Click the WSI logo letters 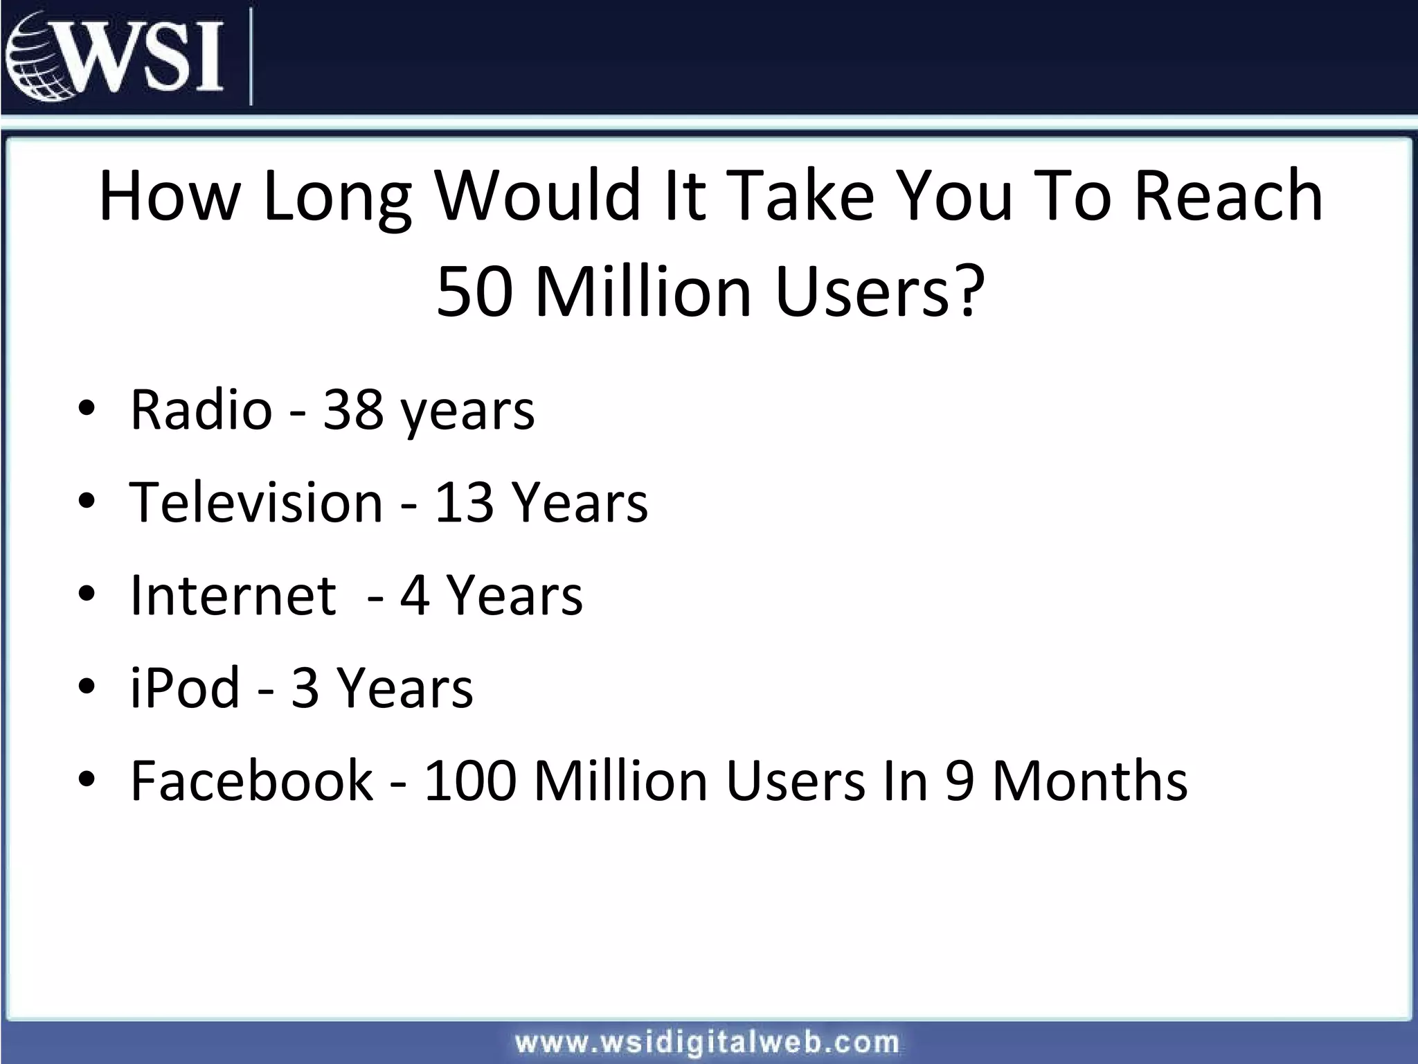pyautogui.click(x=145, y=55)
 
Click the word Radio pyautogui.click(x=201, y=409)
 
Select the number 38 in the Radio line pyautogui.click(x=353, y=409)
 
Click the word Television pyautogui.click(x=256, y=502)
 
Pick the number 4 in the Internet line pyautogui.click(x=414, y=595)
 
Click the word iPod pyautogui.click(x=185, y=688)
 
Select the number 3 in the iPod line pyautogui.click(x=305, y=688)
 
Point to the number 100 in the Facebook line pyautogui.click(x=471, y=781)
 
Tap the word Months pyautogui.click(x=1090, y=781)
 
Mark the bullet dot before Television pyautogui.click(x=87, y=502)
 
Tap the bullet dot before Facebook pyautogui.click(x=87, y=780)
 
